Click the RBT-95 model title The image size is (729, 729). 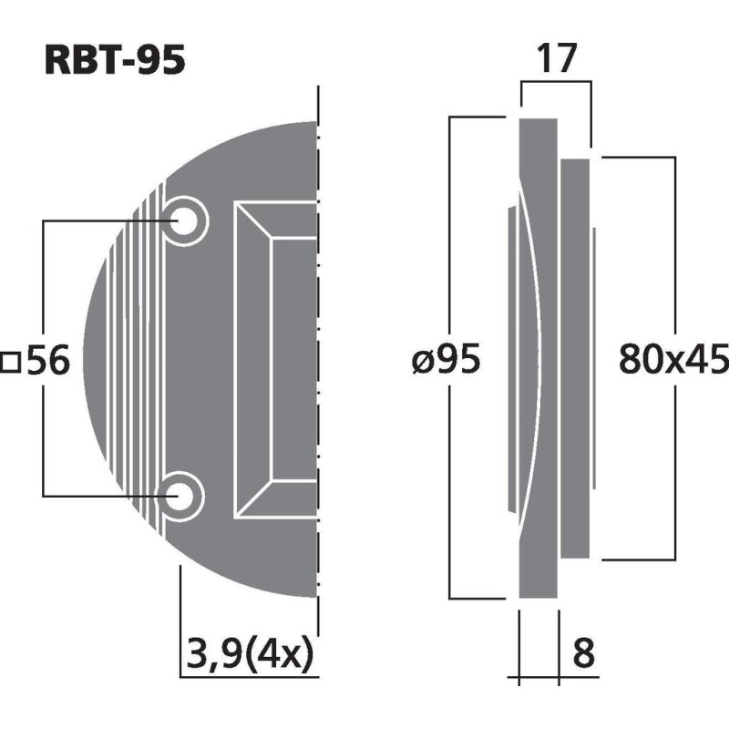(115, 61)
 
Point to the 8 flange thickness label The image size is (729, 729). (584, 653)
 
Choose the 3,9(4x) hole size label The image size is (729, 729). (249, 653)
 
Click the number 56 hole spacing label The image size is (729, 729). (47, 363)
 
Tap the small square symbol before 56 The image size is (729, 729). (11, 363)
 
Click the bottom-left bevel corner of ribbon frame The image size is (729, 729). (252, 499)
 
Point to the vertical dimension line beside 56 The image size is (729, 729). (44, 273)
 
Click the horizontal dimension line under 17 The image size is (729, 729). (556, 83)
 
